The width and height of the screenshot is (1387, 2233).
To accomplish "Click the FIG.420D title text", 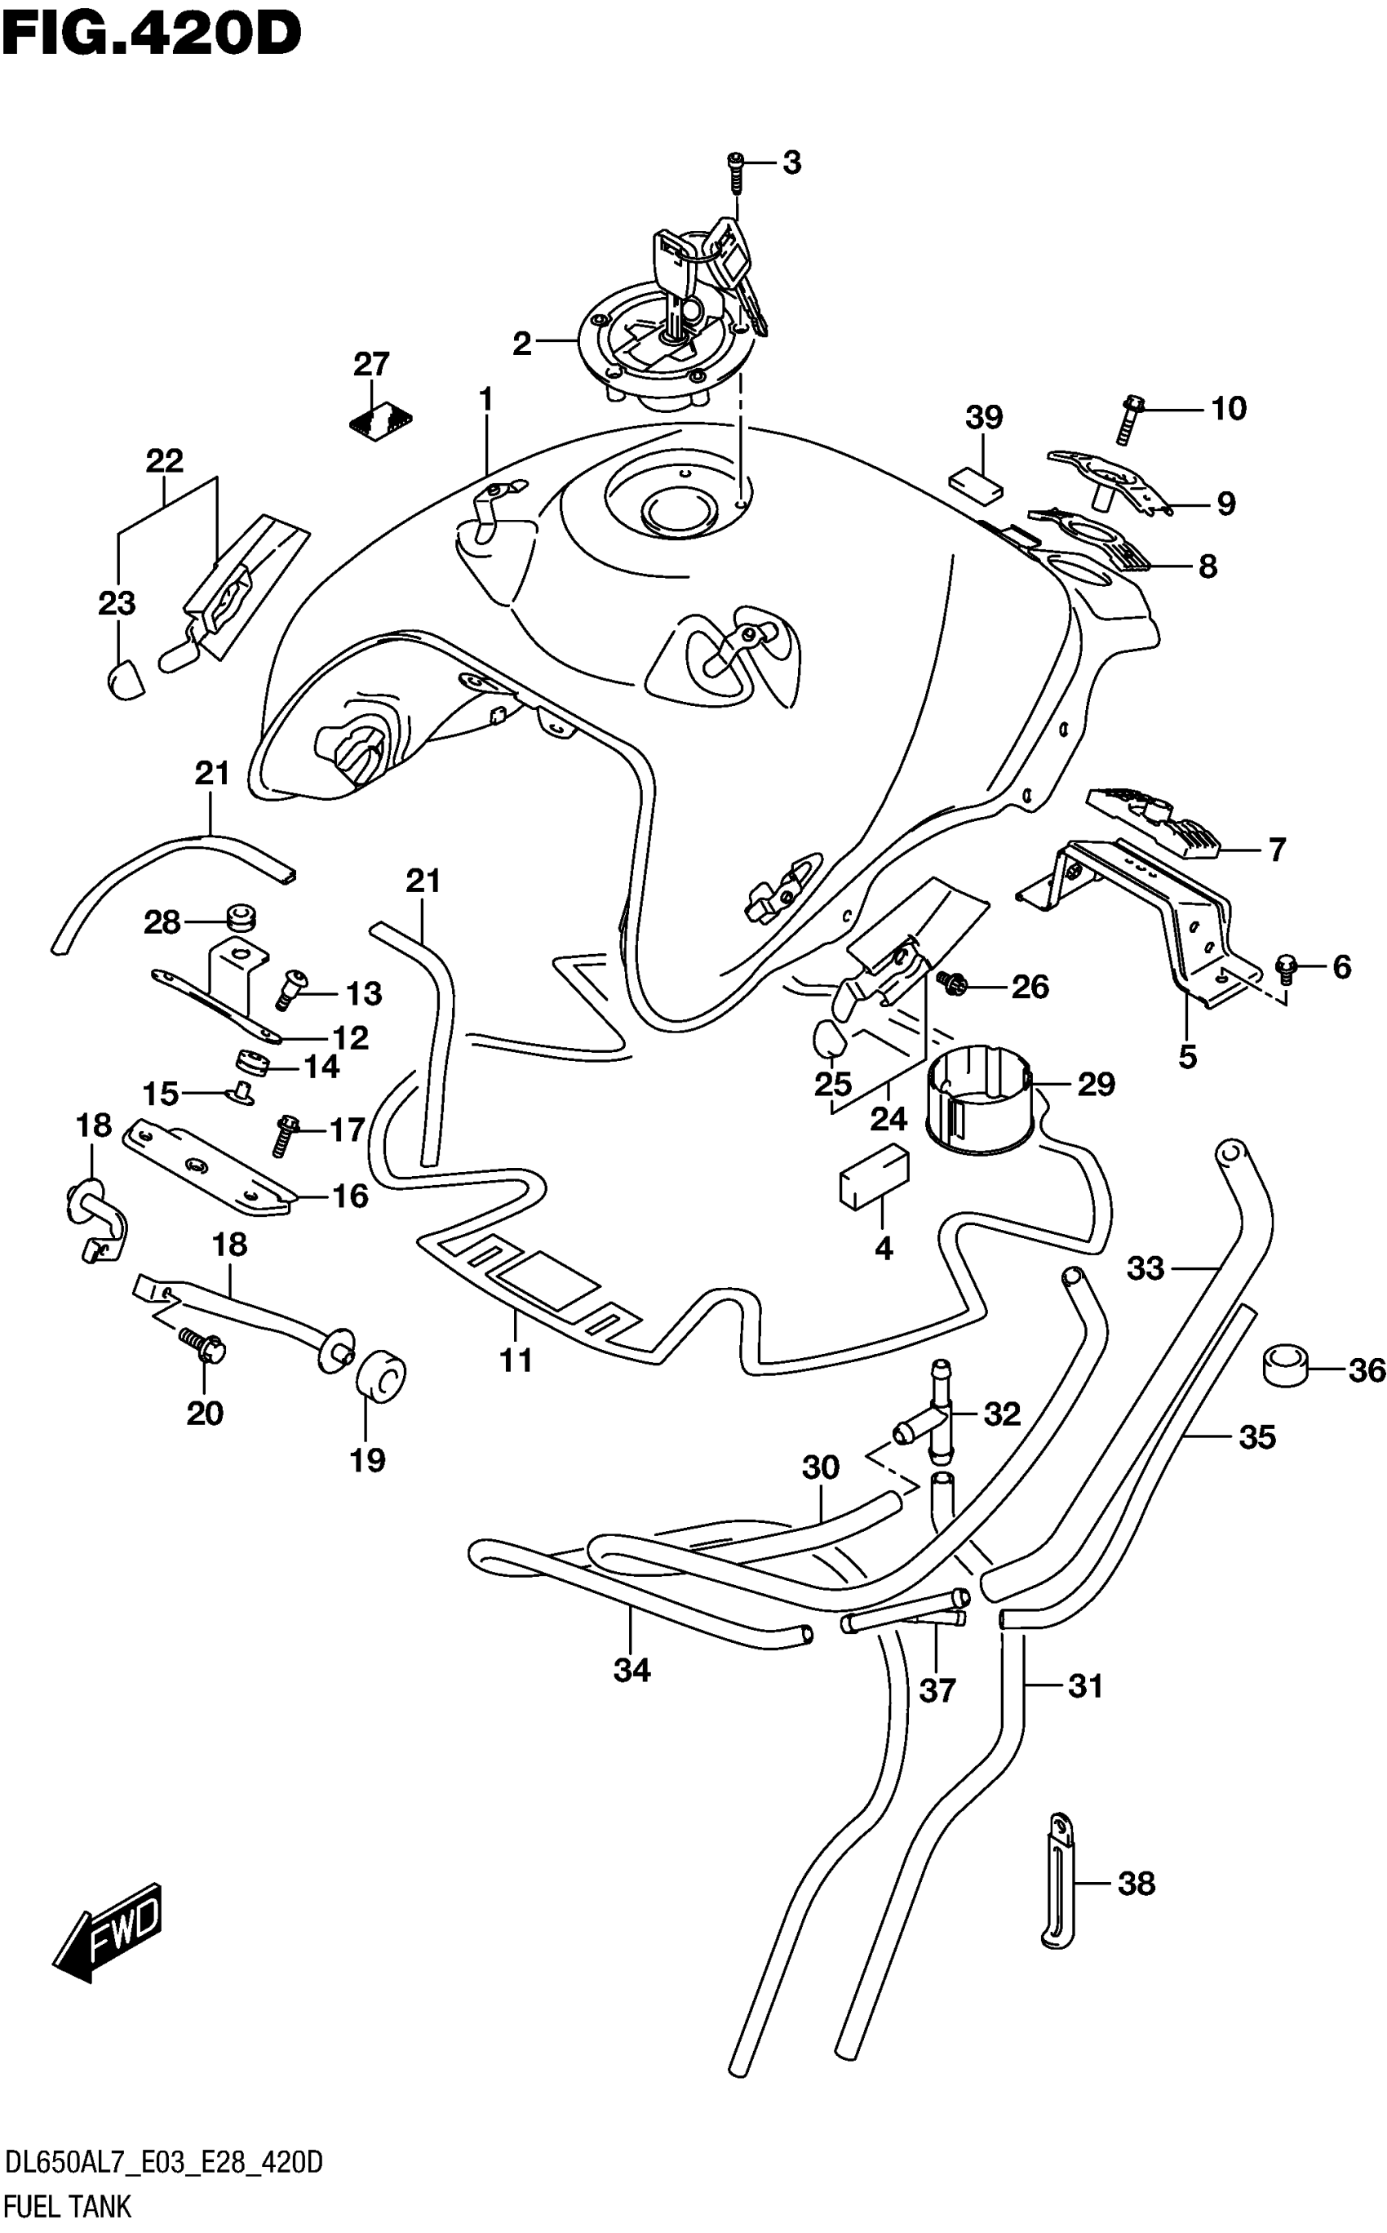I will [153, 34].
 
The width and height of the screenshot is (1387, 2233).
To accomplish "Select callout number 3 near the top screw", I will [791, 162].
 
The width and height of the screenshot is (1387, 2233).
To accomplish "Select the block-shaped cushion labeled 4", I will [874, 1176].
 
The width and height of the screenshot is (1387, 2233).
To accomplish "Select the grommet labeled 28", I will [241, 917].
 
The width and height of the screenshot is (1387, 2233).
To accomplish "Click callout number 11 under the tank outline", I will [516, 1361].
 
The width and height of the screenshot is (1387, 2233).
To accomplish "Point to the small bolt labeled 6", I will [1286, 966].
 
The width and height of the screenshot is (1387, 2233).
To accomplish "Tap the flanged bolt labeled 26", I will [952, 983].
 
